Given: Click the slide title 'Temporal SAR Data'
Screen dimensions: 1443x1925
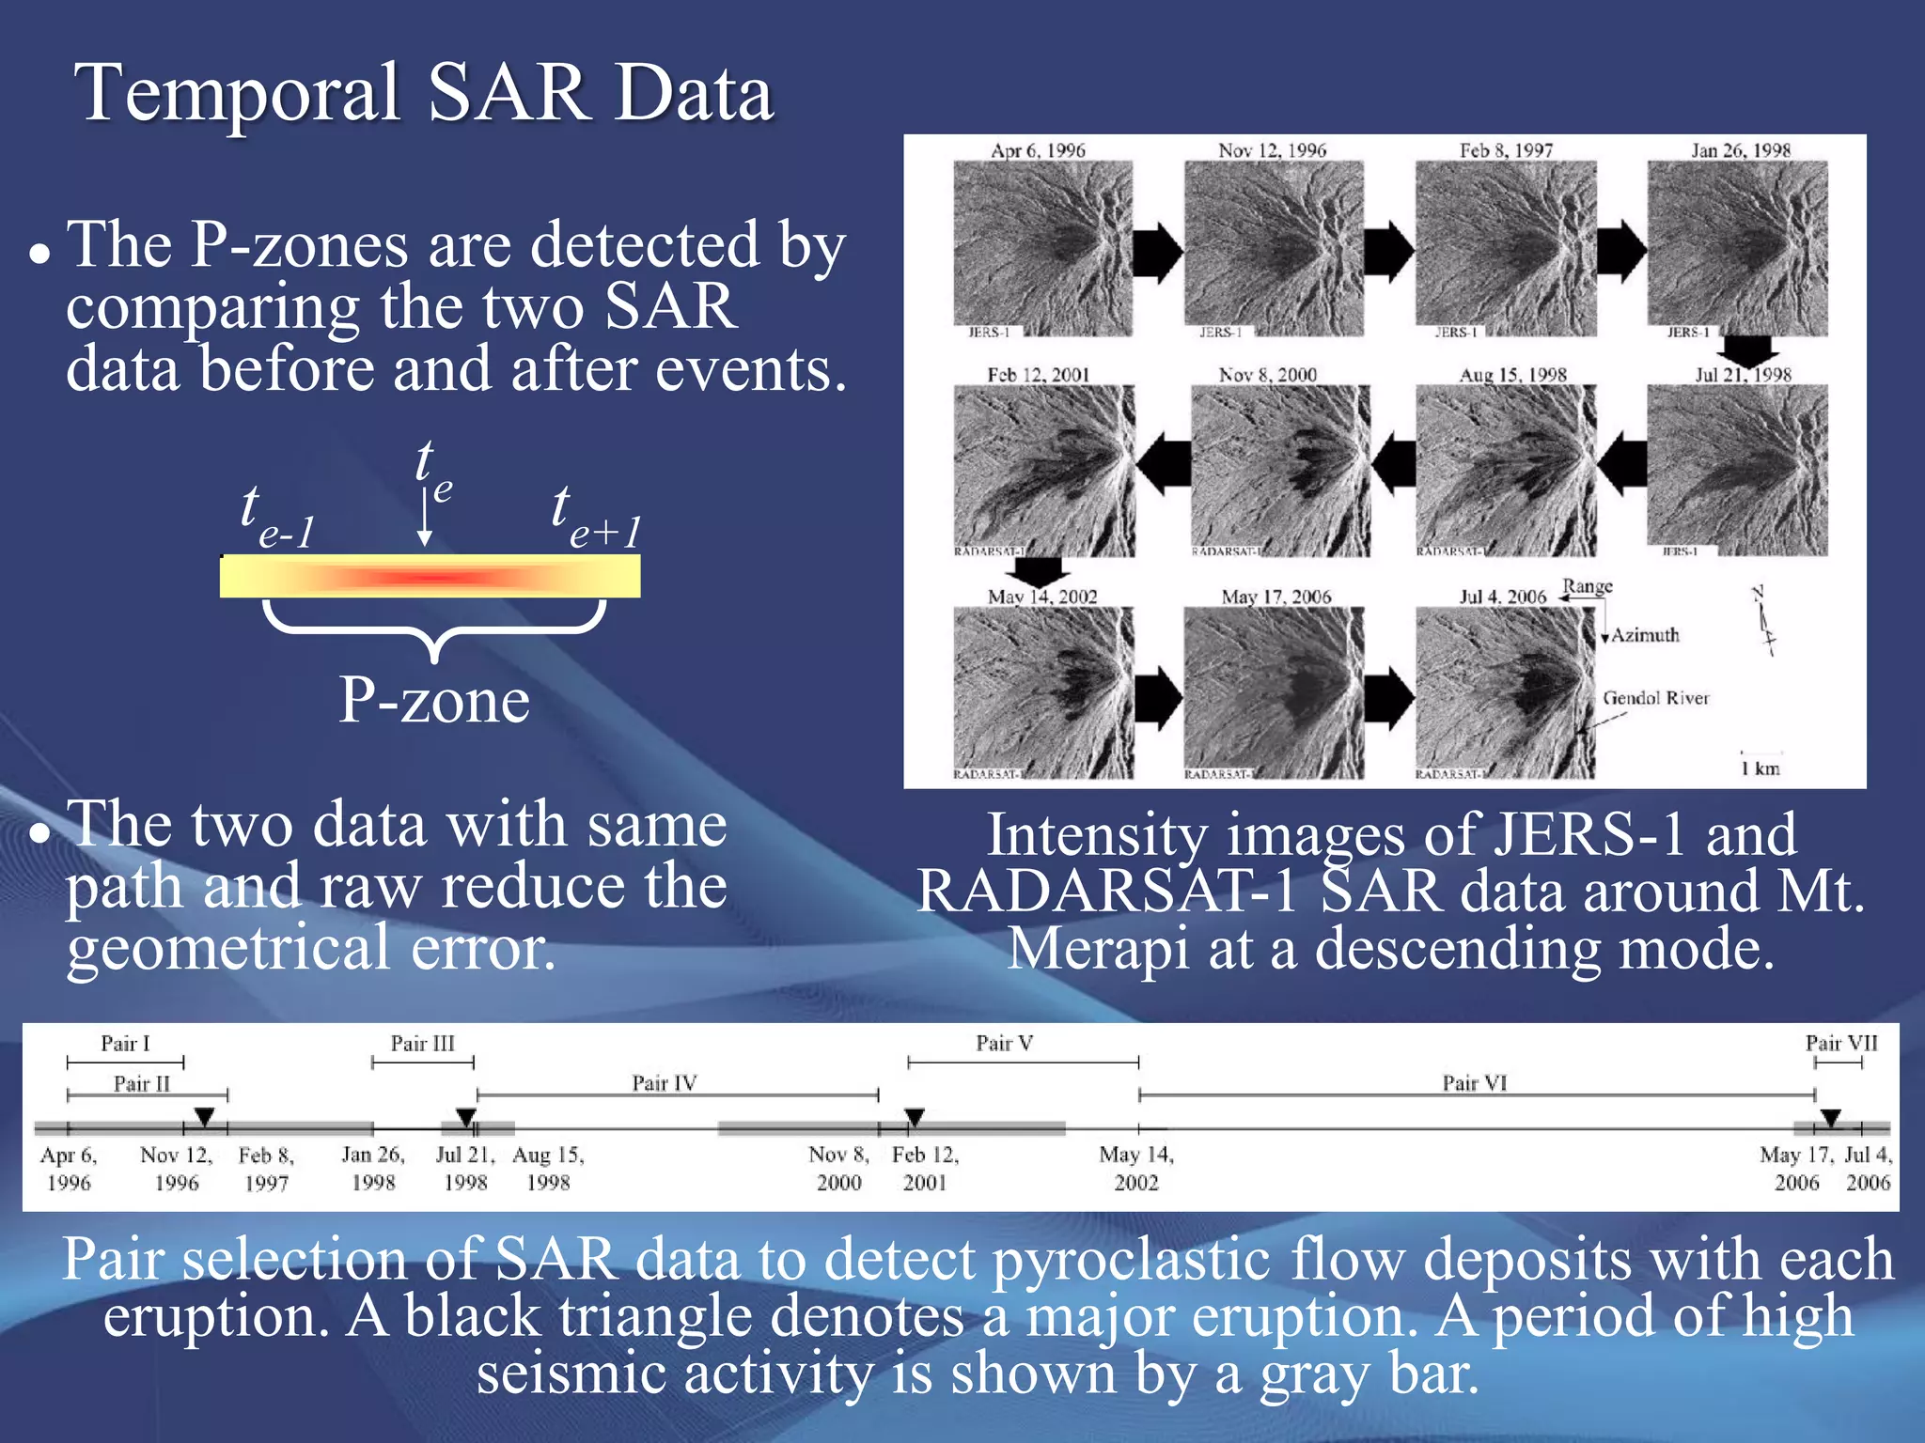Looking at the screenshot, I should [x=424, y=93].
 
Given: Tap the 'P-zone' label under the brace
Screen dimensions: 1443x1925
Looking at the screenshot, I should [x=434, y=701].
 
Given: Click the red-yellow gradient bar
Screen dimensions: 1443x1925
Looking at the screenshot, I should [x=430, y=576].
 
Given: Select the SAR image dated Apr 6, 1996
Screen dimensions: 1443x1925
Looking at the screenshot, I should [x=1042, y=248].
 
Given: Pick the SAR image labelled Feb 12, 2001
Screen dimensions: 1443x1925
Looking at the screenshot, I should [x=1043, y=471].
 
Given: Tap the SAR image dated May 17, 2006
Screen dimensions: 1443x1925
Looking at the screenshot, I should [x=1274, y=693].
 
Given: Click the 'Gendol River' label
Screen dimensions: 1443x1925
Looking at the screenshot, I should [x=1655, y=698].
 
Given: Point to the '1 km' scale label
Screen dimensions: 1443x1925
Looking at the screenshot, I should [x=1760, y=768].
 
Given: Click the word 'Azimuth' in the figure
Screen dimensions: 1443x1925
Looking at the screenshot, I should [x=1645, y=635].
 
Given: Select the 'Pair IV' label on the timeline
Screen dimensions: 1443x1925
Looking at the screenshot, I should [x=664, y=1083].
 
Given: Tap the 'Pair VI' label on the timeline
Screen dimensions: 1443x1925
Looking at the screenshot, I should [x=1474, y=1083].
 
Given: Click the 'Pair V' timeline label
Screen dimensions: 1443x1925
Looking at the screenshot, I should [x=1004, y=1044].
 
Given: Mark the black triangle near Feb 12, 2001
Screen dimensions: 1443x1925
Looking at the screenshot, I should [x=915, y=1117].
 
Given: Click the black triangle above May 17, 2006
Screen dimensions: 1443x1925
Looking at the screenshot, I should [x=1829, y=1117].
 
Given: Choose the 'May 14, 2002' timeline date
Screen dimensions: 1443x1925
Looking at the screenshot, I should [x=1136, y=1168].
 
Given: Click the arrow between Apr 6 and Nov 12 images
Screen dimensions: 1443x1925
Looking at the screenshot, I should [x=1157, y=252].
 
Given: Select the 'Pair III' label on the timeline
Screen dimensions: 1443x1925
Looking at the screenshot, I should [x=422, y=1044].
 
